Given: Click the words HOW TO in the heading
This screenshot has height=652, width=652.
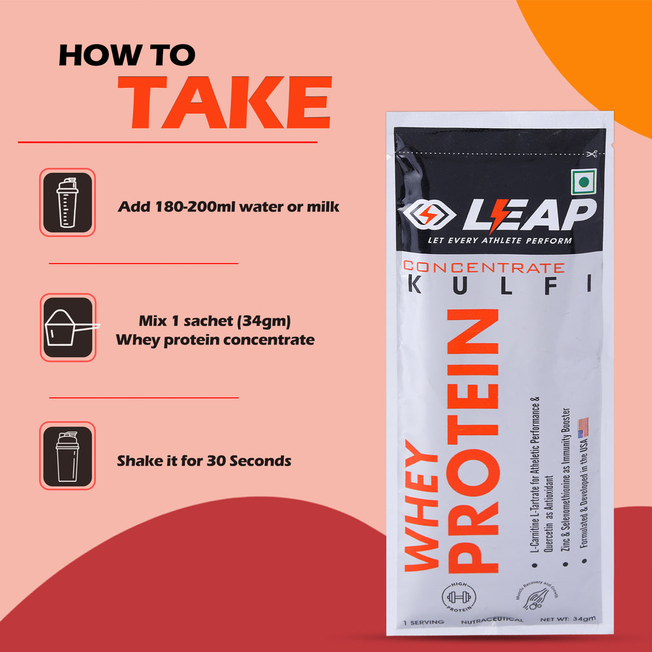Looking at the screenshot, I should (127, 55).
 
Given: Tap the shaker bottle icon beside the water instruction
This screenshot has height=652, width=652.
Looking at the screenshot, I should (67, 202).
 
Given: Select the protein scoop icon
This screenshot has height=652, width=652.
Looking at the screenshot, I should (67, 327).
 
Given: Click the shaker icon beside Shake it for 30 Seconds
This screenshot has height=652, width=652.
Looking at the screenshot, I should (67, 455).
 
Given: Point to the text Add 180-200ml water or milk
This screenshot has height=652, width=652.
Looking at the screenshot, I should (228, 207).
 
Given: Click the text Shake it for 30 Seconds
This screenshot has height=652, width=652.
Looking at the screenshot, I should (204, 460).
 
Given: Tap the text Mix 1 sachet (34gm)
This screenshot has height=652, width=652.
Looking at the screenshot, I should (215, 320).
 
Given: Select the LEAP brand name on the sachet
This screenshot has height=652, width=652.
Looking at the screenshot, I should (529, 215).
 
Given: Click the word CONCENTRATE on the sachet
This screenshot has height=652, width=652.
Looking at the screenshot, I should (483, 267).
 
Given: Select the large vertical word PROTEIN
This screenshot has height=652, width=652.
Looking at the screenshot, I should (472, 439).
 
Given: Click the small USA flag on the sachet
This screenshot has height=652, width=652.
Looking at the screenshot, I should (581, 428).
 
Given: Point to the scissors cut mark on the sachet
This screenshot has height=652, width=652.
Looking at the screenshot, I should (593, 153).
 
